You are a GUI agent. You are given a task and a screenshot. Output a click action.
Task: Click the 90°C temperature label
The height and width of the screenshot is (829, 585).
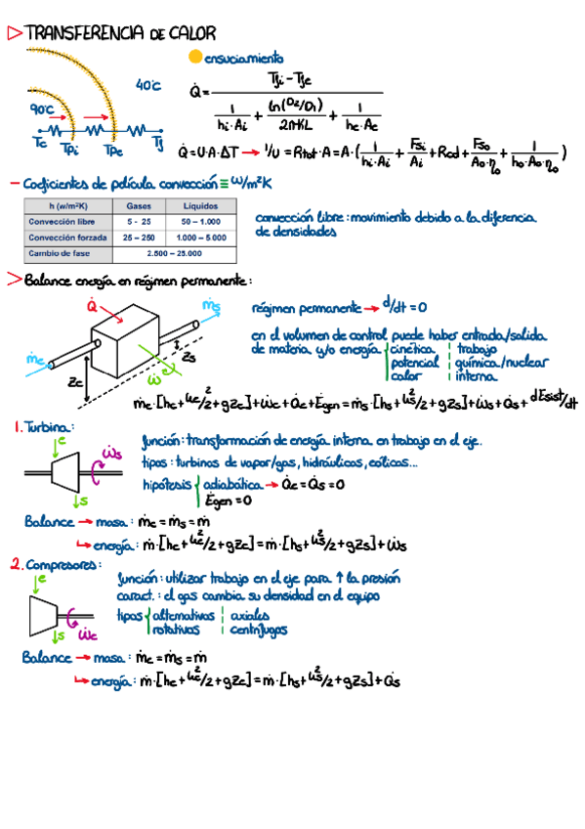44,110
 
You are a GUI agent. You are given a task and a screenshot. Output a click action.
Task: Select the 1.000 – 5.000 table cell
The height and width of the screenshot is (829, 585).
197,237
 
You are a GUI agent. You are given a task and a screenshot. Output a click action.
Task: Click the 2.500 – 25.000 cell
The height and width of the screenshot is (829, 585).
169,253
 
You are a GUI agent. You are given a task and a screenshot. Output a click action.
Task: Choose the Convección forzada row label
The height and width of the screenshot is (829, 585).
66,237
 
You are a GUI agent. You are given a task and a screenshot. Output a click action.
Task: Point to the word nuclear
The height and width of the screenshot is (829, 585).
527,361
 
